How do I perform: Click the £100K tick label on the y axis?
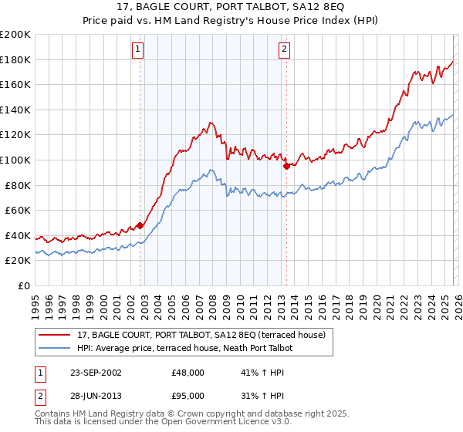tap(15, 160)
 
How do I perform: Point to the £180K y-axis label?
tap(15, 59)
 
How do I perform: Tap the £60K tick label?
tap(18, 210)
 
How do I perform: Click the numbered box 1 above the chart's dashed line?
tap(137, 50)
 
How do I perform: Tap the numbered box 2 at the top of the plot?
tap(284, 50)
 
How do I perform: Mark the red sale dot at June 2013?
tap(286, 165)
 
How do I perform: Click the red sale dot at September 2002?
tap(140, 225)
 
